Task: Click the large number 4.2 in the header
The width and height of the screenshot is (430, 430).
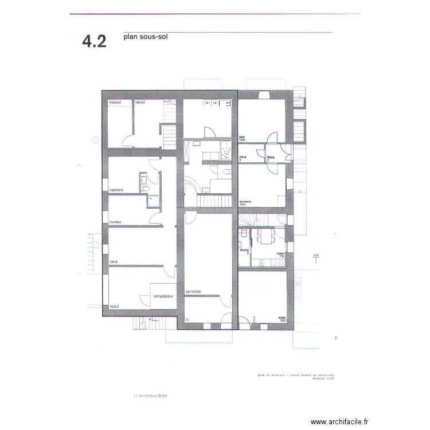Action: coord(95,42)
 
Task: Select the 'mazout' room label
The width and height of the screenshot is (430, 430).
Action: coord(115,103)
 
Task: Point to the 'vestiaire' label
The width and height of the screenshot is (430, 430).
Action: coord(116,190)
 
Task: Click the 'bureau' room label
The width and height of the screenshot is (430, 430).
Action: coord(115,222)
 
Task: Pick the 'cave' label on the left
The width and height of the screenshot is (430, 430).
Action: coord(114,261)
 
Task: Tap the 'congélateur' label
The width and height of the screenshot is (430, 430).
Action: coord(163,296)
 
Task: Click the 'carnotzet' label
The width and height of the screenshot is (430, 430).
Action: coord(193,291)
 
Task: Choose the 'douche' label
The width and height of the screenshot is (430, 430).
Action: coord(243,250)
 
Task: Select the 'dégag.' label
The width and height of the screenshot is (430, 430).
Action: coord(271,157)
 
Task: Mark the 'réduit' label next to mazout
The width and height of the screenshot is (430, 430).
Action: coord(140,103)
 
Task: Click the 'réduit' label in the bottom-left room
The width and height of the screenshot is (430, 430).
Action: coord(114,307)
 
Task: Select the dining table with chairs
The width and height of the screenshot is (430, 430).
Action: coord(265,236)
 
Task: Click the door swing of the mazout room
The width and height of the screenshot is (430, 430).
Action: coord(130,139)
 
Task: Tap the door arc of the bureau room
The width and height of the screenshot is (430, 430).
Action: coord(155,217)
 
